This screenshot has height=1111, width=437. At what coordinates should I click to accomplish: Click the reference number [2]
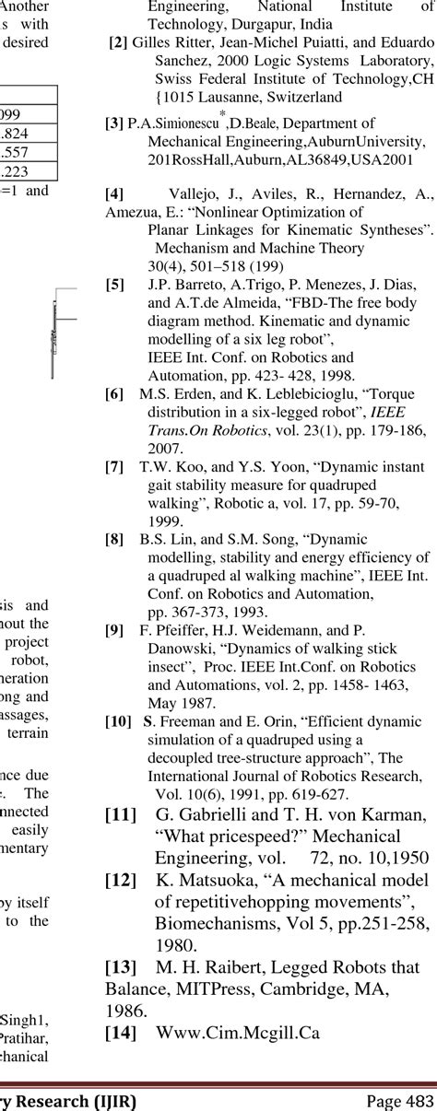coord(118,43)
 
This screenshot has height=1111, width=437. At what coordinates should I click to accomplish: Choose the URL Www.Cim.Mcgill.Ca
coord(238,1033)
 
